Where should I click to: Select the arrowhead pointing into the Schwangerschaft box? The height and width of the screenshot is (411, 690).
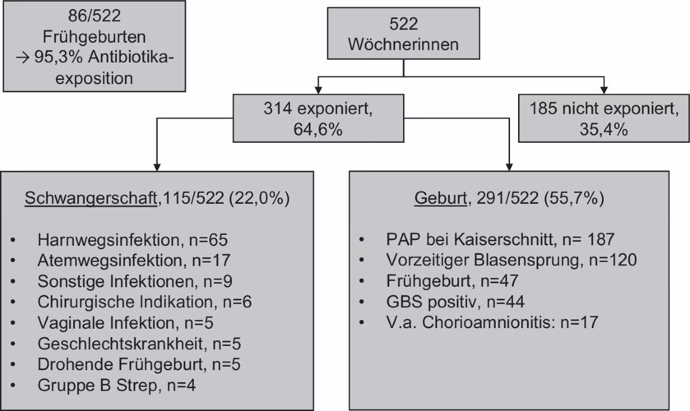click(x=155, y=165)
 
